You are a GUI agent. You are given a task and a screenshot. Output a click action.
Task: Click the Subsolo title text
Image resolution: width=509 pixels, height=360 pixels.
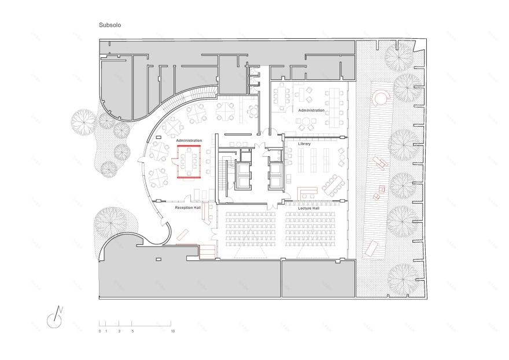click(110, 25)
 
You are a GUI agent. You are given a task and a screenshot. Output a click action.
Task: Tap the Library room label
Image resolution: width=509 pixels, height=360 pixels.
click(304, 144)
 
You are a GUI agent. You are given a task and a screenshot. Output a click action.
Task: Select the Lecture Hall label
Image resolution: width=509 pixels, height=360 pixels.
click(309, 208)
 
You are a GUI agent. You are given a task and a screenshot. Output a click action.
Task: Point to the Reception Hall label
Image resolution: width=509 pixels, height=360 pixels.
click(188, 208)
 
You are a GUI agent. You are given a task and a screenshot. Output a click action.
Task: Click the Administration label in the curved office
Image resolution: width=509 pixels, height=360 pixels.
click(189, 141)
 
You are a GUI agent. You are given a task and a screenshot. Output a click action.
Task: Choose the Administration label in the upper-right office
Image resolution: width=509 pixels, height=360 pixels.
click(311, 111)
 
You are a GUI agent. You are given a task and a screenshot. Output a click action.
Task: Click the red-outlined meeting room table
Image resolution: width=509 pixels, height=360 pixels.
click(189, 161)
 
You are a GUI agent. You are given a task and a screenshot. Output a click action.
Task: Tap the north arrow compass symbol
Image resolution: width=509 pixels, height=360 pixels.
click(55, 318)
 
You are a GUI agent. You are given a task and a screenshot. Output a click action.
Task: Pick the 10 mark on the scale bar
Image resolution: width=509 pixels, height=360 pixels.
click(173, 331)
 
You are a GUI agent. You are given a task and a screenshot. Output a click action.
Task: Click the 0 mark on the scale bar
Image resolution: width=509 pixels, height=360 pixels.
click(99, 331)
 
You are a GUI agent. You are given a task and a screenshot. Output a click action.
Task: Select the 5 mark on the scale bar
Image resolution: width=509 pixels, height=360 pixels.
click(132, 331)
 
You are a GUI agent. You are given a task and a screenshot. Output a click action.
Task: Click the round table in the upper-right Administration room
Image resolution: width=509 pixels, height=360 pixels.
click(306, 122)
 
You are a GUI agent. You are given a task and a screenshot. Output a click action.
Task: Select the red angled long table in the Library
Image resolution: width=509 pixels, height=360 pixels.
click(333, 186)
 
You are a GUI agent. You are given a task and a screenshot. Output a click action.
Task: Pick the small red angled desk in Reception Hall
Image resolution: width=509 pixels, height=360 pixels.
click(183, 234)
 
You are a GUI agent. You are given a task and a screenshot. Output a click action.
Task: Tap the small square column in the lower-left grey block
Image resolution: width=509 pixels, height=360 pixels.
click(158, 259)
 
